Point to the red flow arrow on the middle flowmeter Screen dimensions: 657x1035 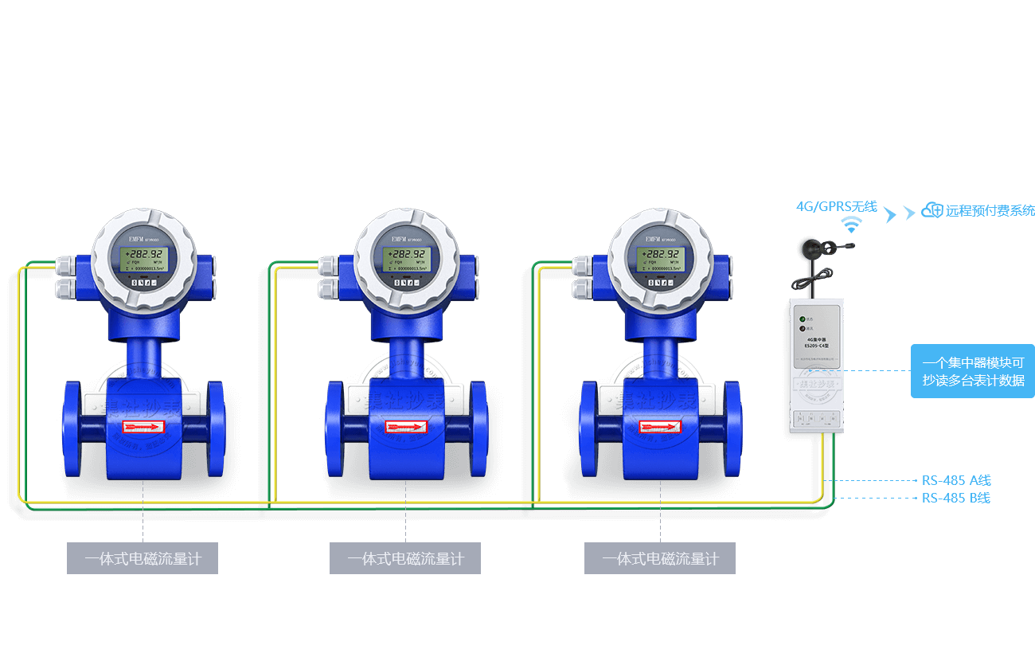[406, 428]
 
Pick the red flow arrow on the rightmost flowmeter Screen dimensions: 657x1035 [661, 428]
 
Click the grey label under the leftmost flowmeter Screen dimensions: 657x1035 [143, 559]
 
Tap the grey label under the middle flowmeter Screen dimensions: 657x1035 [405, 559]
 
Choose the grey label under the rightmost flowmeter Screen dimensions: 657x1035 [660, 559]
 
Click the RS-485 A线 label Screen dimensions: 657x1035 [956, 480]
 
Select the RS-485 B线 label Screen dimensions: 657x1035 [956, 499]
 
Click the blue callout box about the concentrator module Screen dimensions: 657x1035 [973, 371]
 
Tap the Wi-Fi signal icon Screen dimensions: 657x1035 [853, 224]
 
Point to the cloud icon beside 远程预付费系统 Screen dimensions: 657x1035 [931, 210]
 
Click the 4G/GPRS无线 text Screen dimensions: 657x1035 [836, 206]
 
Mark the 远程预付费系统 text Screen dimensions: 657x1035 [990, 211]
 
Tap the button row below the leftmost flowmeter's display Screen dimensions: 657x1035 [143, 282]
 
